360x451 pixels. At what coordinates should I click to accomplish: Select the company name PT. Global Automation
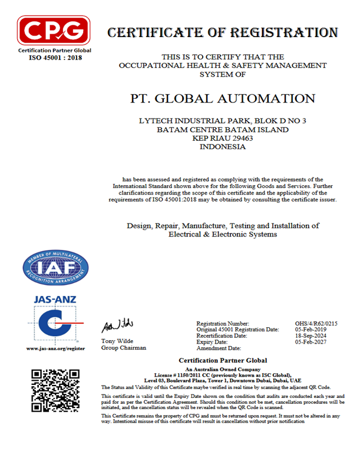click(x=221, y=98)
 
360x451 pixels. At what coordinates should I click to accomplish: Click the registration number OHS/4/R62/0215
click(x=316, y=324)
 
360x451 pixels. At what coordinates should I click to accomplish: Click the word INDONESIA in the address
click(x=222, y=147)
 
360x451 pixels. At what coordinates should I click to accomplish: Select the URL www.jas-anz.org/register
click(x=55, y=349)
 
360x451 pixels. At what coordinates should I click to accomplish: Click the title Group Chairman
click(x=124, y=348)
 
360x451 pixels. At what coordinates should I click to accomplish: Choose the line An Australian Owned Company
click(x=222, y=368)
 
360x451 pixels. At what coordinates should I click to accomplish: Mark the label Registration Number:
click(x=223, y=324)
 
